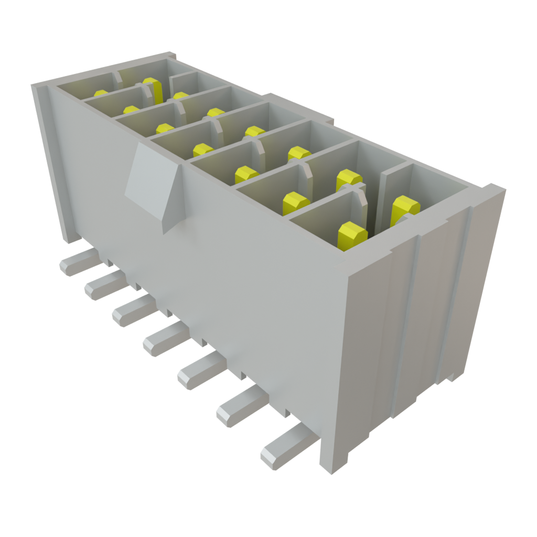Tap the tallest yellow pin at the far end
(x=152, y=89)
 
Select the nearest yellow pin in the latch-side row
(x=352, y=234)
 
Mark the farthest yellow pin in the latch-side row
(x=101, y=94)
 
